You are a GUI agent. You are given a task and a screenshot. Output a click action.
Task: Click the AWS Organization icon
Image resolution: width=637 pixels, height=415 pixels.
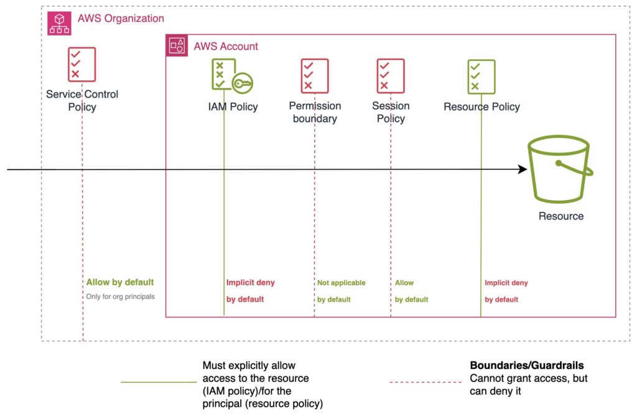(59, 23)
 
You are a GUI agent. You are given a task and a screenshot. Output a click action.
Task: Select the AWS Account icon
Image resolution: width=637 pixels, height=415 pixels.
(177, 45)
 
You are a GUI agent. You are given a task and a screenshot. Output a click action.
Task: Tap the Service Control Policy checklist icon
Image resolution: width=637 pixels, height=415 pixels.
(81, 64)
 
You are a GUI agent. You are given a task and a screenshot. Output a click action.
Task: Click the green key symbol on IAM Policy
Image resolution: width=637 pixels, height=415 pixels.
(243, 83)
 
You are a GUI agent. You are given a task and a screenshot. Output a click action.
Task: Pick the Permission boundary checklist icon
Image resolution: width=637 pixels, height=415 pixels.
(314, 75)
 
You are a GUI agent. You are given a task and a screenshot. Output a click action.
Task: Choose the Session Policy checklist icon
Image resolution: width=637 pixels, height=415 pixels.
(391, 75)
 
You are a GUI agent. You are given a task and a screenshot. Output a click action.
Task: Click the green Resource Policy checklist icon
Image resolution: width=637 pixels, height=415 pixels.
(481, 77)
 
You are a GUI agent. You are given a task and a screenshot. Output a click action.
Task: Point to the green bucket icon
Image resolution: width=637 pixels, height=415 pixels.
(560, 168)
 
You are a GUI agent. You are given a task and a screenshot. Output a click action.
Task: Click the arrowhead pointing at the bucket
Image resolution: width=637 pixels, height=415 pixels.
(523, 169)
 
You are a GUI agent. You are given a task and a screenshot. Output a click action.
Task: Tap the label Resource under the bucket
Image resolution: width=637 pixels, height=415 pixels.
(561, 216)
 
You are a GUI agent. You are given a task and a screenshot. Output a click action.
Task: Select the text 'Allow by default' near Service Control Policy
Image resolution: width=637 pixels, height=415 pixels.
(120, 282)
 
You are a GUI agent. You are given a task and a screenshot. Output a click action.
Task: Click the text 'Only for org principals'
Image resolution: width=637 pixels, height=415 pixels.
(120, 297)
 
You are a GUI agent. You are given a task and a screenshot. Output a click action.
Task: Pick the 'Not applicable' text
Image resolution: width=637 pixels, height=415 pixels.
(342, 283)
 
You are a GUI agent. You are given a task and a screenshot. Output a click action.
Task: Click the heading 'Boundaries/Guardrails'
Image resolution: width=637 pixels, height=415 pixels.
(527, 365)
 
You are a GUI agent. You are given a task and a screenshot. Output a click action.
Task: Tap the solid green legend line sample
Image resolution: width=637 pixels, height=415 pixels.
(159, 382)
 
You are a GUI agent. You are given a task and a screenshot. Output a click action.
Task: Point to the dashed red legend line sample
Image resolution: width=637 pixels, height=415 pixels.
(425, 382)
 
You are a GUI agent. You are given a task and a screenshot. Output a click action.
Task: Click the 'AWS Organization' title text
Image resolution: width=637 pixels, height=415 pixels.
(121, 18)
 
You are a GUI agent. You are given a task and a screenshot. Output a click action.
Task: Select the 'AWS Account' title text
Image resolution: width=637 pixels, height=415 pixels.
(226, 46)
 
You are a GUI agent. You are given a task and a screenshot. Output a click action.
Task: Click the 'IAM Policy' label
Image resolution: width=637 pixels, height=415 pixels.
(233, 107)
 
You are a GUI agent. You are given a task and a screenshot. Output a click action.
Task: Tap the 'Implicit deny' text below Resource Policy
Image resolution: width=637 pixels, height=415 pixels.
(506, 283)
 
